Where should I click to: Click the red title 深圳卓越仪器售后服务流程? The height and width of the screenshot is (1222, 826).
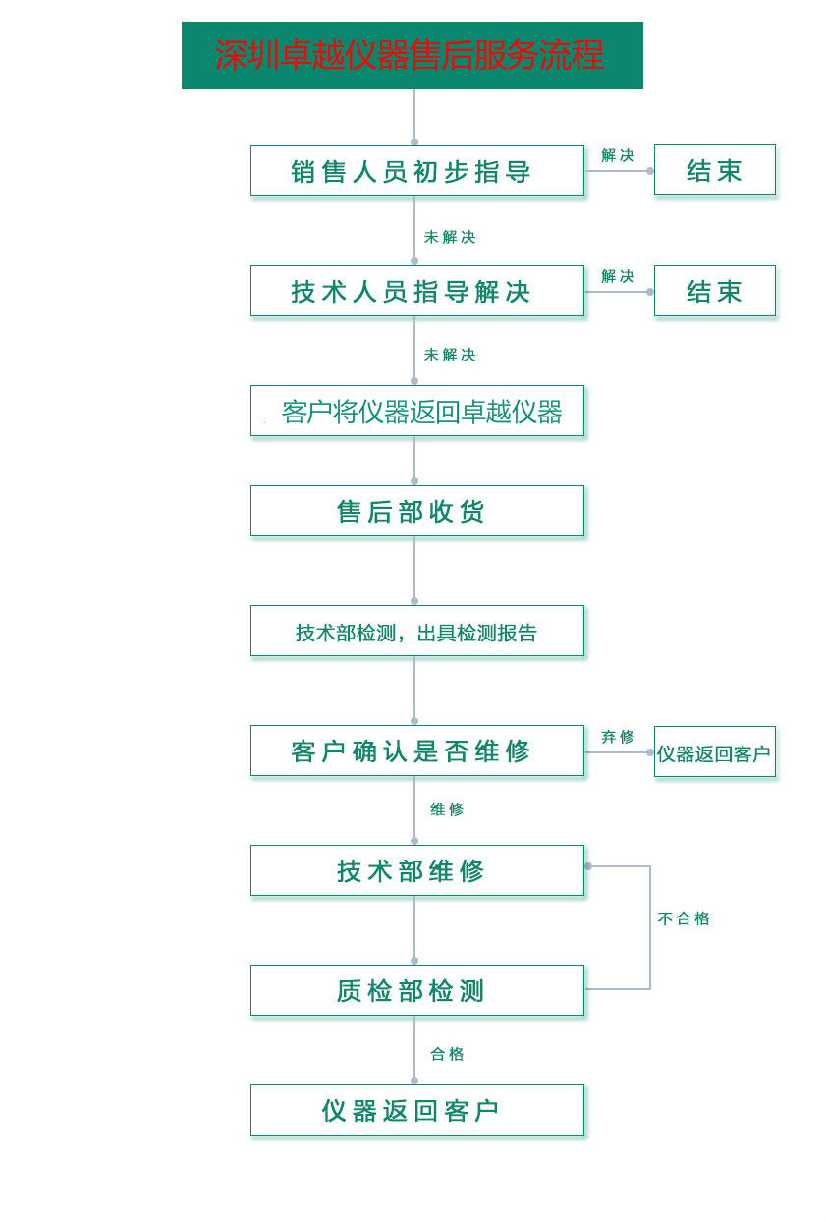410,55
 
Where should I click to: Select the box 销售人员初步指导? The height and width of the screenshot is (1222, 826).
416,171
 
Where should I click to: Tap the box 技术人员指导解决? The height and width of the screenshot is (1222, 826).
416,291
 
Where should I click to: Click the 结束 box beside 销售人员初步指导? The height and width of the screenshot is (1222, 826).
714,170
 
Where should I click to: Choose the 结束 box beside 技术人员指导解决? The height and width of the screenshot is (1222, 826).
714,291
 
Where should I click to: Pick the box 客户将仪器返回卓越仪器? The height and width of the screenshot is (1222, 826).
416,411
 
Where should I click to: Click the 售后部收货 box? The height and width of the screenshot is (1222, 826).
416,511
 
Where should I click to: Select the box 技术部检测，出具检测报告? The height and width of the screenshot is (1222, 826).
416,631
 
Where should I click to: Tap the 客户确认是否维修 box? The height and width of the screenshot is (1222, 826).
416,750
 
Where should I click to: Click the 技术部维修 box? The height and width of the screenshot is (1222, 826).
416,870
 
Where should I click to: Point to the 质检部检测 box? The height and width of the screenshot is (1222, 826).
416,990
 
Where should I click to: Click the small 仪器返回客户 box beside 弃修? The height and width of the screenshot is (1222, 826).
714,751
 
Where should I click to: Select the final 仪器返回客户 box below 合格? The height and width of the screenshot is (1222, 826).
416,1110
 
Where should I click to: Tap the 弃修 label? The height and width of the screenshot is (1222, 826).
618,737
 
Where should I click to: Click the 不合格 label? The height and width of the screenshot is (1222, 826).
683,918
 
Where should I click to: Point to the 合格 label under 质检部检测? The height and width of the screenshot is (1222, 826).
447,1054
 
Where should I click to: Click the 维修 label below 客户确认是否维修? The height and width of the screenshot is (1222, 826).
447,809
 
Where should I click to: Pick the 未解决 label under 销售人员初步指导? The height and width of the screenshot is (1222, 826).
450,237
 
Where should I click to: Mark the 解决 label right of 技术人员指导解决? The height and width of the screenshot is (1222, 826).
618,277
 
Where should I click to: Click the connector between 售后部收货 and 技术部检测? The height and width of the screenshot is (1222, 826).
414,569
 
